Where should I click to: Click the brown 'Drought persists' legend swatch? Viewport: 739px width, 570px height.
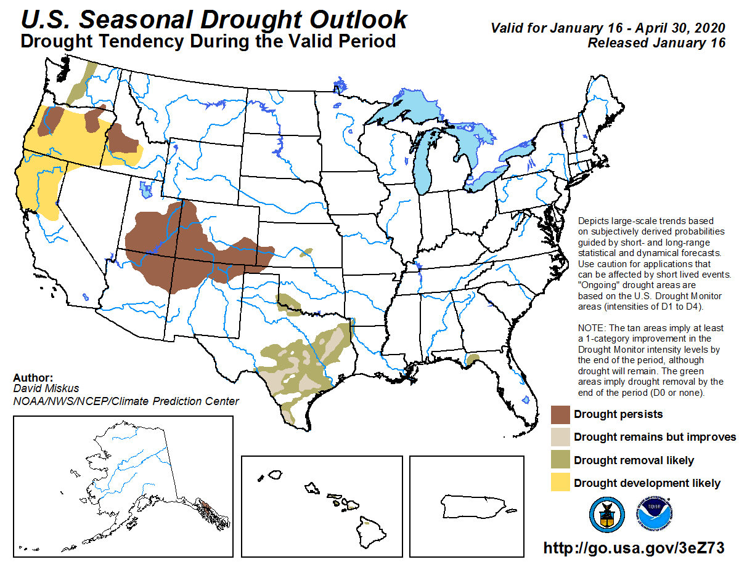[x=560, y=414]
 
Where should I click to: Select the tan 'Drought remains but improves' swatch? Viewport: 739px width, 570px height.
[x=560, y=437]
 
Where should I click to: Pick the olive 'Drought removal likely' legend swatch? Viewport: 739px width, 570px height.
[x=560, y=460]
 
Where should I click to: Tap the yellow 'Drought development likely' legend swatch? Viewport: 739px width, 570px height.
[x=560, y=483]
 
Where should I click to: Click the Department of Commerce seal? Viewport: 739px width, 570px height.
[x=606, y=515]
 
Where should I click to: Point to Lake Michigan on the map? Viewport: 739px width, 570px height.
[x=425, y=166]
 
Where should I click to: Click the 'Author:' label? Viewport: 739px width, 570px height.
[x=33, y=378]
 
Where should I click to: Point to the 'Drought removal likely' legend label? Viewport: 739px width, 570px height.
[x=634, y=460]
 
